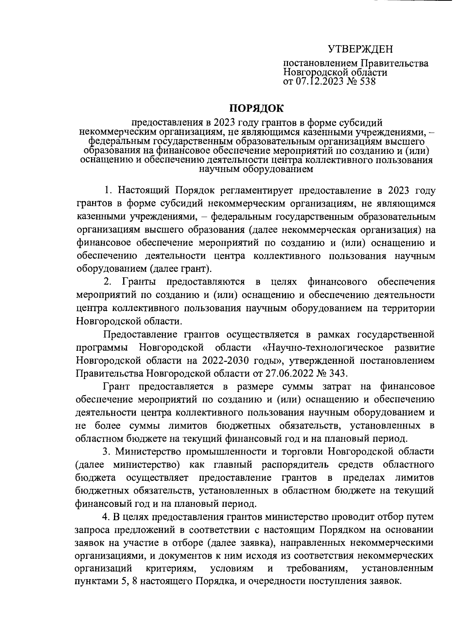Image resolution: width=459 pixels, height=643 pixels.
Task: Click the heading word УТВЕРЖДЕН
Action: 360,49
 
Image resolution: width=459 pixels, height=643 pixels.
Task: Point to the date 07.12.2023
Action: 320,81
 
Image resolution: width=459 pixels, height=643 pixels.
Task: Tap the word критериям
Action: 171,568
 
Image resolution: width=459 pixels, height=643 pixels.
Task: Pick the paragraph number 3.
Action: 107,451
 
